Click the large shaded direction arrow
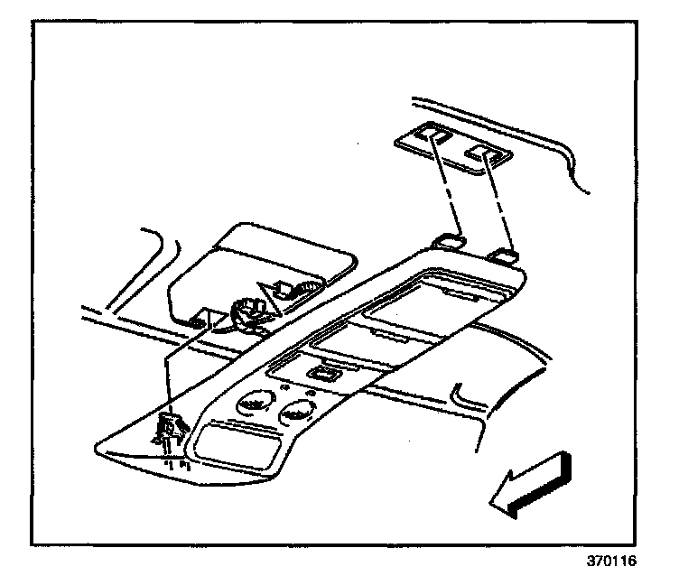point(530,485)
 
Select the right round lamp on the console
point(296,414)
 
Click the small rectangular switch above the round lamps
point(321,373)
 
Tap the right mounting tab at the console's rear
point(504,257)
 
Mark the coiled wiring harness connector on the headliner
point(243,313)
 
